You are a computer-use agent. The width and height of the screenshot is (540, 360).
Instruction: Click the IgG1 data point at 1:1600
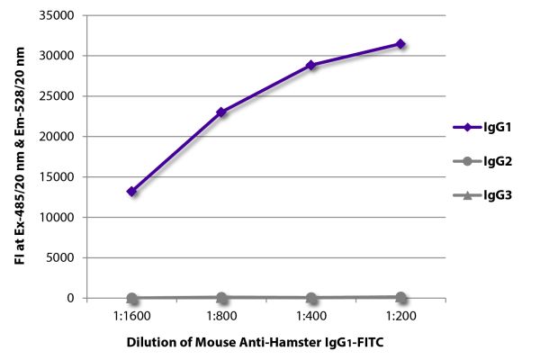click(132, 192)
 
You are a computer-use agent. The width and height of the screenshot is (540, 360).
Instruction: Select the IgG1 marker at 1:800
click(221, 112)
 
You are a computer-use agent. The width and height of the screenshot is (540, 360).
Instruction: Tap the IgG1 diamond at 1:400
click(310, 65)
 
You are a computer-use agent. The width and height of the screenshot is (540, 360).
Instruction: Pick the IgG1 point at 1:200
click(400, 44)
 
